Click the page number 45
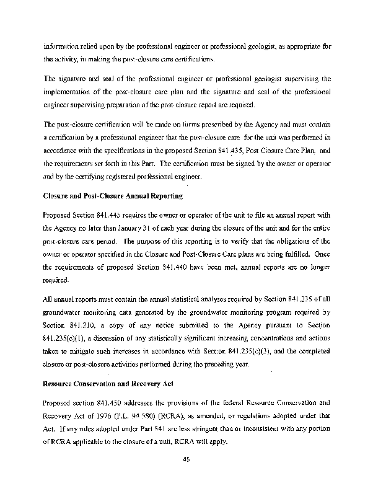click(x=186, y=459)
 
